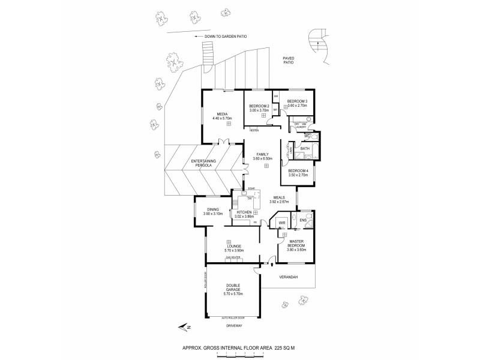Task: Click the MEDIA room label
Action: (x=221, y=113)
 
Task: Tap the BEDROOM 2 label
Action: (x=259, y=106)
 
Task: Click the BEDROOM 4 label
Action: (x=298, y=170)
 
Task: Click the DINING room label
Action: (x=213, y=209)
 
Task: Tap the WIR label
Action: (x=281, y=223)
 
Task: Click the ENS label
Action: (x=303, y=220)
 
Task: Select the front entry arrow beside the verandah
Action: (x=273, y=262)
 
